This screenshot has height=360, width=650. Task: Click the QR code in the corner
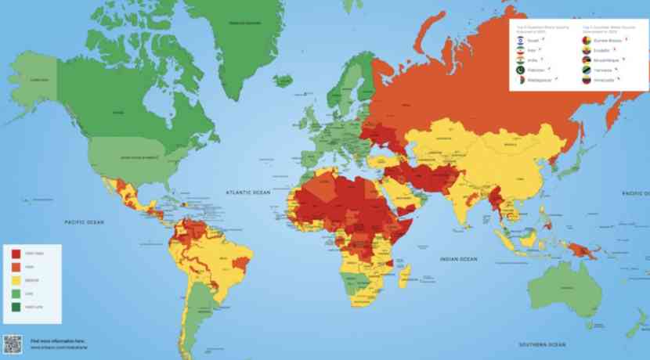coord(13,343)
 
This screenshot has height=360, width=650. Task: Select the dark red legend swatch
coord(16,254)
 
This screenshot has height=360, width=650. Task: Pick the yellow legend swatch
coord(16,279)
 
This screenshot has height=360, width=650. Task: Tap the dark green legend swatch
coord(16,306)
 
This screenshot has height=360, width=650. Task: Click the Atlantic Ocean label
coord(247,192)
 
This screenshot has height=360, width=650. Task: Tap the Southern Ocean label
coord(540,344)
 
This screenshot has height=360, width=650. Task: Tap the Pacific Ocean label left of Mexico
coord(84,223)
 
